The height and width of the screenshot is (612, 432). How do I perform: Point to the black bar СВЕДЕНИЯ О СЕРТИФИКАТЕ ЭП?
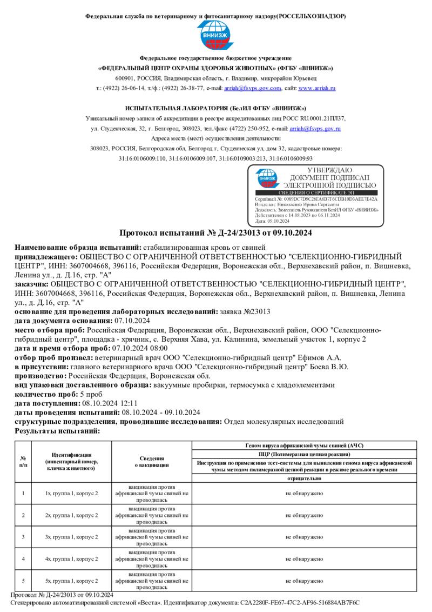(315, 193)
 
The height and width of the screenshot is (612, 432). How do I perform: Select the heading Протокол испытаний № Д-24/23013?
(215, 233)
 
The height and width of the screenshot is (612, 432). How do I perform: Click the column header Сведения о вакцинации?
(152, 461)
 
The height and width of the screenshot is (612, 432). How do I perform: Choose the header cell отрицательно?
(305, 478)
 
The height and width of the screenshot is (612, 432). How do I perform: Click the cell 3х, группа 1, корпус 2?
(72, 537)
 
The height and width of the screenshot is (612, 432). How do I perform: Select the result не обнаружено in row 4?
(305, 558)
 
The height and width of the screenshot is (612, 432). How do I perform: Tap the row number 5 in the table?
(23, 581)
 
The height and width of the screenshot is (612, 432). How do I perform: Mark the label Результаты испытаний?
(57, 431)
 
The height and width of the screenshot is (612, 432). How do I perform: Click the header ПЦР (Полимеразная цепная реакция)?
(305, 454)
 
